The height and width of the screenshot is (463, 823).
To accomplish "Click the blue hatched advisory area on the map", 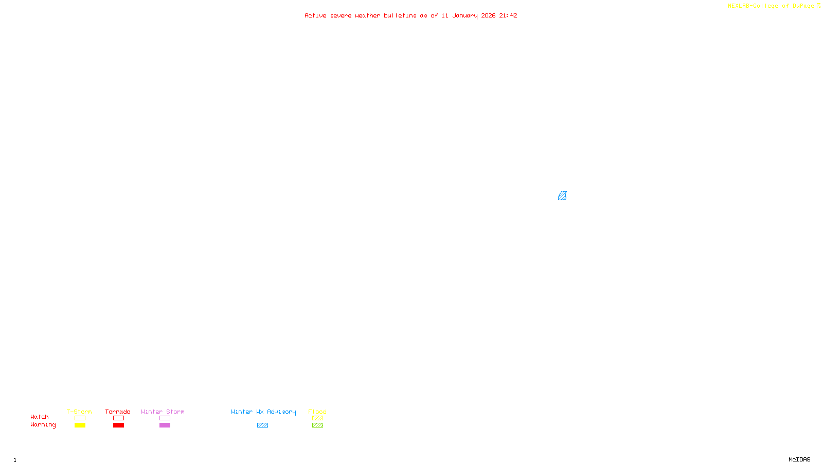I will coord(562,195).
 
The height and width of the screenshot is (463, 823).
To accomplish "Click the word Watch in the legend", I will coord(40,417).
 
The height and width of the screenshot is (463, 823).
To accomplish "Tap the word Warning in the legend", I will coord(43,425).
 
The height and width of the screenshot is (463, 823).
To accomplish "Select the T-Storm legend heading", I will coord(79,412).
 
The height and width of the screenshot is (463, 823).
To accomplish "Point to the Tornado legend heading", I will coord(118,412).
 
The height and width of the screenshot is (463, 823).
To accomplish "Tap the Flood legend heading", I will coord(317,412).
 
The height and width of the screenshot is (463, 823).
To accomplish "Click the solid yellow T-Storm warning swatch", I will coord(80,425).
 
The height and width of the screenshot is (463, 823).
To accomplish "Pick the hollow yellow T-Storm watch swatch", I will coord(80,418).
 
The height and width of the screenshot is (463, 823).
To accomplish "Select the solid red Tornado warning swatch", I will coord(118,425).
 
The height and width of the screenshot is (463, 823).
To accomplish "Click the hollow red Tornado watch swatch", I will coord(118,418).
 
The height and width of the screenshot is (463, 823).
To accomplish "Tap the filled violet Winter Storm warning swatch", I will coord(165,425).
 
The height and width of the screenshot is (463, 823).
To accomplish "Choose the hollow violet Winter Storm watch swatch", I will coord(165,418).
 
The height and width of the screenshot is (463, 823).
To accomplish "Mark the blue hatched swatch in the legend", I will coord(262,425).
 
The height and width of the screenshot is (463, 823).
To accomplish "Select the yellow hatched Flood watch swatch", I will coord(317,418).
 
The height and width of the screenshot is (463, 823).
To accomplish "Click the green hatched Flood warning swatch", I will coord(317,425).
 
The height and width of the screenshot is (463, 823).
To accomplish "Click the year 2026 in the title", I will coord(489,15).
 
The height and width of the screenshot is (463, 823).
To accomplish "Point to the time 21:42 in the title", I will coord(508,15).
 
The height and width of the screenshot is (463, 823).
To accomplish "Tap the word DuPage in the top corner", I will coord(803,6).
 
